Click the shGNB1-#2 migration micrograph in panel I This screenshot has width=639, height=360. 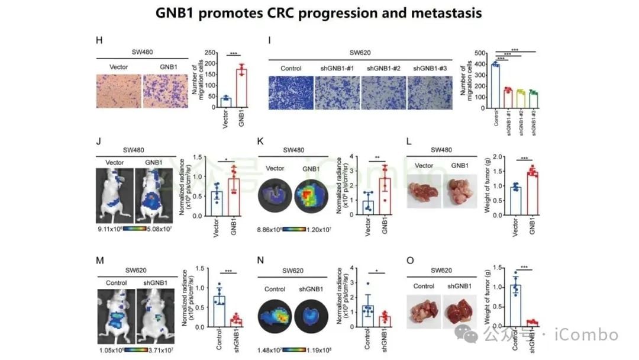(x=385, y=90)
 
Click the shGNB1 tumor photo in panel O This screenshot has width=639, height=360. (x=459, y=311)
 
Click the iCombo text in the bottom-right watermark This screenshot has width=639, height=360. (x=586, y=335)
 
